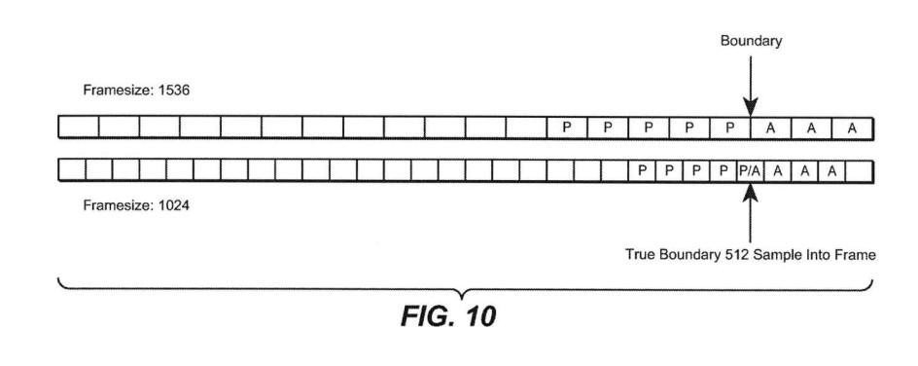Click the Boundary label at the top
[x=751, y=41]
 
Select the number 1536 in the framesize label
[x=174, y=91]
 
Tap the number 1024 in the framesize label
[x=174, y=206]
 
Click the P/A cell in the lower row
[x=750, y=170]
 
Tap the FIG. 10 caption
[x=448, y=316]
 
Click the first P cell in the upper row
[x=566, y=128]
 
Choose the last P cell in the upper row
[x=729, y=128]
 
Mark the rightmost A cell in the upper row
[x=853, y=128]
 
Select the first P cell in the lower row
[x=642, y=170]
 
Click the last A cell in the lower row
[x=831, y=170]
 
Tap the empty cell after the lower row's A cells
[x=859, y=170]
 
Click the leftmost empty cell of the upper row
[x=79, y=128]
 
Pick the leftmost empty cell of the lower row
[x=72, y=170]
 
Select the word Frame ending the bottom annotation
[x=858, y=255]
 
